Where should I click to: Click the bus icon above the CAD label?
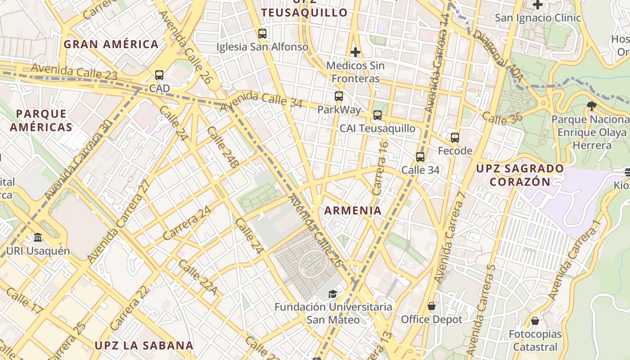(159, 75)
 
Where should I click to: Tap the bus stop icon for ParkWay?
(338, 96)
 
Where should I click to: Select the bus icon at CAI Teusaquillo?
(377, 115)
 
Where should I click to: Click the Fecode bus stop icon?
(454, 137)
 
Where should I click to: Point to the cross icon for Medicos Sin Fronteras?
(355, 52)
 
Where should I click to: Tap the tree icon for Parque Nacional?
(591, 106)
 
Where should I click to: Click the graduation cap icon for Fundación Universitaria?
(332, 294)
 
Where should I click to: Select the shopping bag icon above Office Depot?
(432, 306)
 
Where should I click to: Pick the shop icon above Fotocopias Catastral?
(535, 321)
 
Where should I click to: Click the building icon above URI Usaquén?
(38, 237)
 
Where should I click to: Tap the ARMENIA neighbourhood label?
(353, 210)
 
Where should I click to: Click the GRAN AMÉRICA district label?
(111, 44)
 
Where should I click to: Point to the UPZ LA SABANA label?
(144, 346)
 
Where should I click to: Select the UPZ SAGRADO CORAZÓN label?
(520, 175)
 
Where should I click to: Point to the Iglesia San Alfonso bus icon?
(262, 33)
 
